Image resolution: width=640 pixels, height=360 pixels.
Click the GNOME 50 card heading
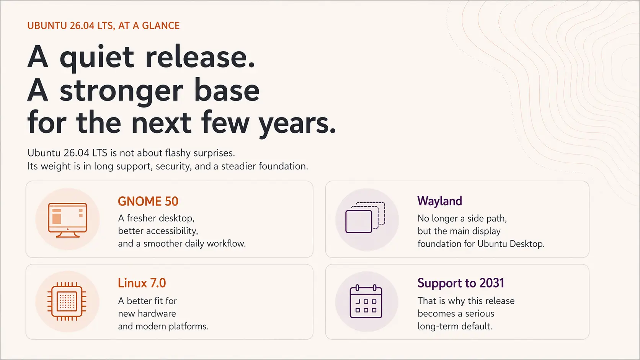click(148, 202)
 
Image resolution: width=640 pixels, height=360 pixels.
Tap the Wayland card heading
click(439, 201)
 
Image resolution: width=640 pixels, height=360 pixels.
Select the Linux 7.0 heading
click(142, 283)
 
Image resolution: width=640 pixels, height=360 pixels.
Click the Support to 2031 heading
click(460, 283)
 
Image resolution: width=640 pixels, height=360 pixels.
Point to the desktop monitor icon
click(67, 220)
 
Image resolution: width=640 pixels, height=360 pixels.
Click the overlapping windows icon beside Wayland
click(365, 218)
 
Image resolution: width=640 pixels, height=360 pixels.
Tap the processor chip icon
click(67, 301)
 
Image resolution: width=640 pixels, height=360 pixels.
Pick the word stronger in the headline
click(121, 91)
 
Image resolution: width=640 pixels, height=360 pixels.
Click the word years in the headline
click(296, 123)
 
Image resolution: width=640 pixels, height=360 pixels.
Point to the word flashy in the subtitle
click(178, 153)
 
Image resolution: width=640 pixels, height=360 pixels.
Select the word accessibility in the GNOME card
click(172, 231)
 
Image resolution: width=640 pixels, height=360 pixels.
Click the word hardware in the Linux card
click(157, 314)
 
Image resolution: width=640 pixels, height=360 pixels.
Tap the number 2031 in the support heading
click(492, 283)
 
